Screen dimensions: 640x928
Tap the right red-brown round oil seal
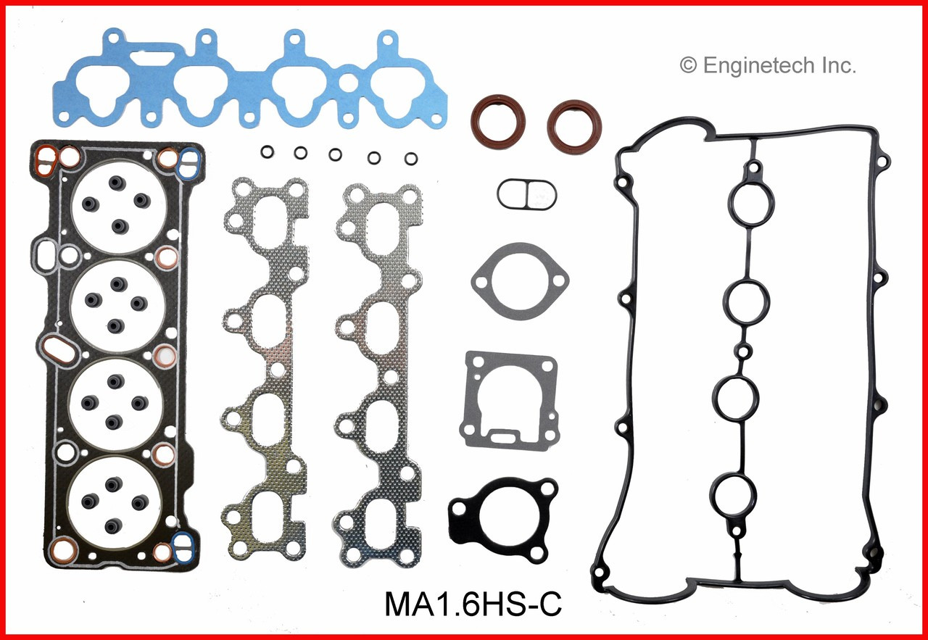(x=574, y=125)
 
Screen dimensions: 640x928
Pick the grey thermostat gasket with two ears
(x=520, y=281)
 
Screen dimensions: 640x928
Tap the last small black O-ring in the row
(x=411, y=158)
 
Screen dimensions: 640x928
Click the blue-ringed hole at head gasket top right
(x=190, y=159)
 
